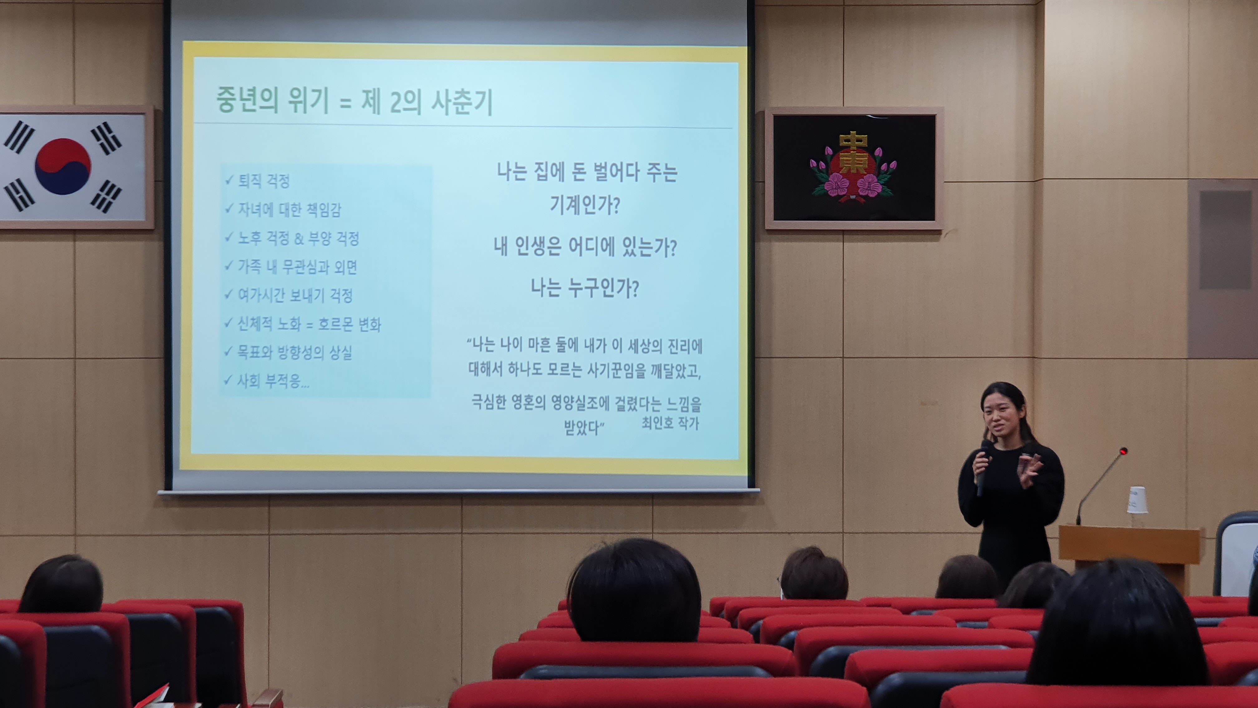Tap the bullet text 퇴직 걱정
(x=264, y=181)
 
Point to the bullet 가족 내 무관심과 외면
(x=297, y=267)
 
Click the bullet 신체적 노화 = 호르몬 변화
(x=309, y=324)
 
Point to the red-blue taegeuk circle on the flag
(x=63, y=166)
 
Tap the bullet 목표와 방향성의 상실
(x=295, y=352)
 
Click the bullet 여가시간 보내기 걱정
(x=295, y=295)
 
